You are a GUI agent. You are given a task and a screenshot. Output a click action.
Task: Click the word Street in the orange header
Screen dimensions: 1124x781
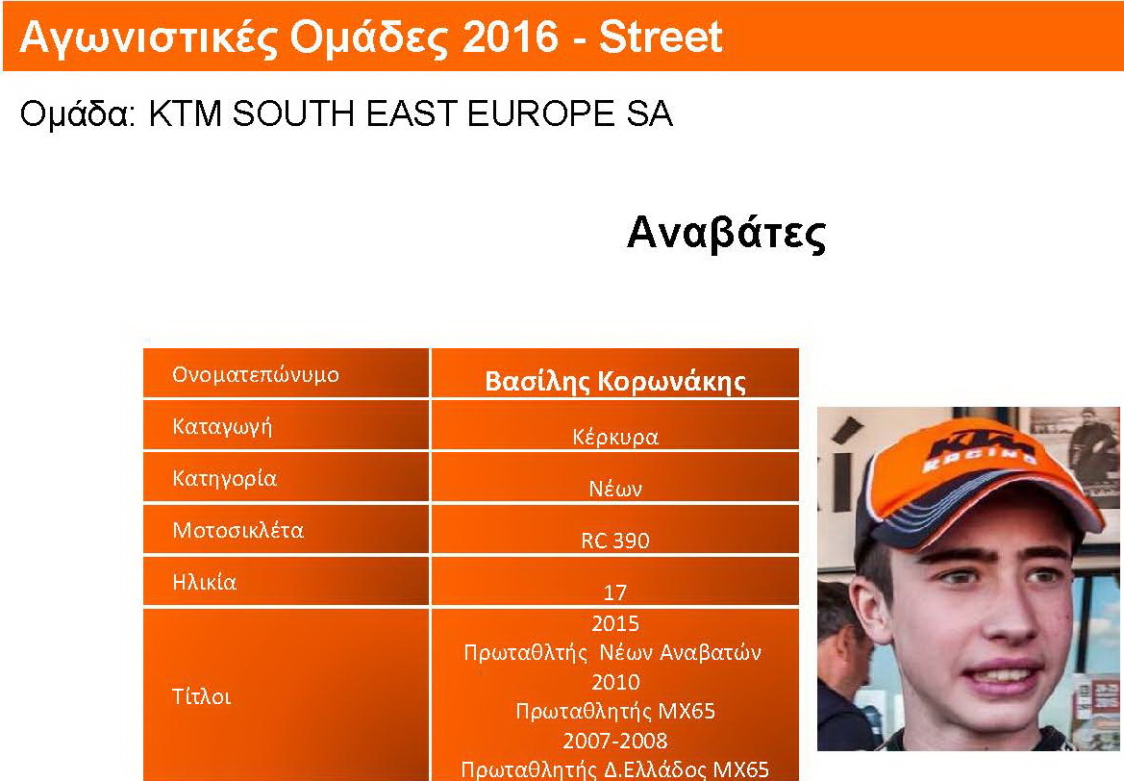pyautogui.click(x=661, y=37)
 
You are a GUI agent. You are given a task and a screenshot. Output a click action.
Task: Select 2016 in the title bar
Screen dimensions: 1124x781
pyautogui.click(x=511, y=37)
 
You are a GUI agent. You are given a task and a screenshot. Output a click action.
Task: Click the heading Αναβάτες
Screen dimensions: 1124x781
pyautogui.click(x=726, y=233)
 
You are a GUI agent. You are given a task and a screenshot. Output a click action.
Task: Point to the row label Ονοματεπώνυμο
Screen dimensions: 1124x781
pyautogui.click(x=255, y=374)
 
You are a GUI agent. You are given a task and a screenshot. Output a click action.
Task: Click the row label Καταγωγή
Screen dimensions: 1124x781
pyautogui.click(x=222, y=427)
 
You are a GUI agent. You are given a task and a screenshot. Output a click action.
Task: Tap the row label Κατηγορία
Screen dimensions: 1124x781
pyautogui.click(x=224, y=478)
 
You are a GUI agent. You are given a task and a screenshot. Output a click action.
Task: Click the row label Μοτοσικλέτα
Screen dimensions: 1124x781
pyautogui.click(x=238, y=530)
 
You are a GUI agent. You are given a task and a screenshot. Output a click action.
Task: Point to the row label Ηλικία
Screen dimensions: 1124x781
pyautogui.click(x=204, y=582)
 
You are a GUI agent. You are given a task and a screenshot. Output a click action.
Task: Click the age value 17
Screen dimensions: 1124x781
pyautogui.click(x=615, y=592)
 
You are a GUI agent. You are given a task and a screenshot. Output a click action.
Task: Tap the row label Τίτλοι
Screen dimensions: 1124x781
pyautogui.click(x=201, y=696)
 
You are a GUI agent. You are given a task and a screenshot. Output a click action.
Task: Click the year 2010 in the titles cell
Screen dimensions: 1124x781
pyautogui.click(x=615, y=681)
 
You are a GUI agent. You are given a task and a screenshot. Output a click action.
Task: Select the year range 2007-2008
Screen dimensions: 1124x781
pyautogui.click(x=615, y=740)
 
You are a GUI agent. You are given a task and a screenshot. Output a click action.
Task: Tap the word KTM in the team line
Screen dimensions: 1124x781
pyautogui.click(x=185, y=113)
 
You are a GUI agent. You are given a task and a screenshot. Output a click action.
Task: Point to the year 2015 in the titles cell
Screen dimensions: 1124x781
pyautogui.click(x=615, y=622)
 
